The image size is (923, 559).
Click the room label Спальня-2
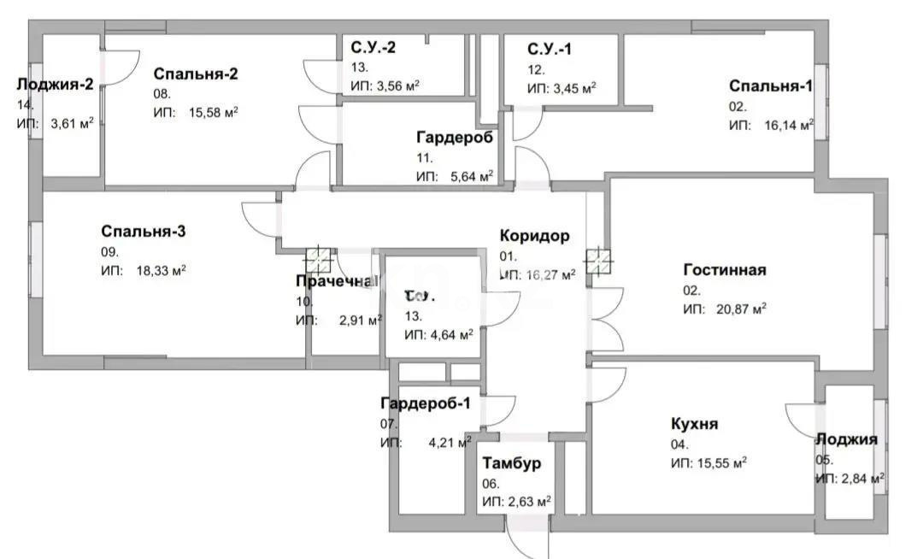coord(196,74)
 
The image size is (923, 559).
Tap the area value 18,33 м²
coord(162,270)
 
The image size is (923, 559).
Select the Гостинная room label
coord(724,270)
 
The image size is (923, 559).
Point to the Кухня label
coord(694,424)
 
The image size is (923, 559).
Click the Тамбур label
coord(511,464)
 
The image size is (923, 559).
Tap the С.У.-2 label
coord(373,48)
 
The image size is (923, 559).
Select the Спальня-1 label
coord(770,86)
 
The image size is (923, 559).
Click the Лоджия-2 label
coord(55,84)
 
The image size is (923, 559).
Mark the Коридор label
coord(534,237)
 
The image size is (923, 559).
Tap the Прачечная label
coord(334,282)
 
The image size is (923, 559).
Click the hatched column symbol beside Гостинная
coord(598,260)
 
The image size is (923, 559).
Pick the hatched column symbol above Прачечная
coord(318,258)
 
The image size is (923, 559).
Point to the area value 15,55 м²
coord(720,462)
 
